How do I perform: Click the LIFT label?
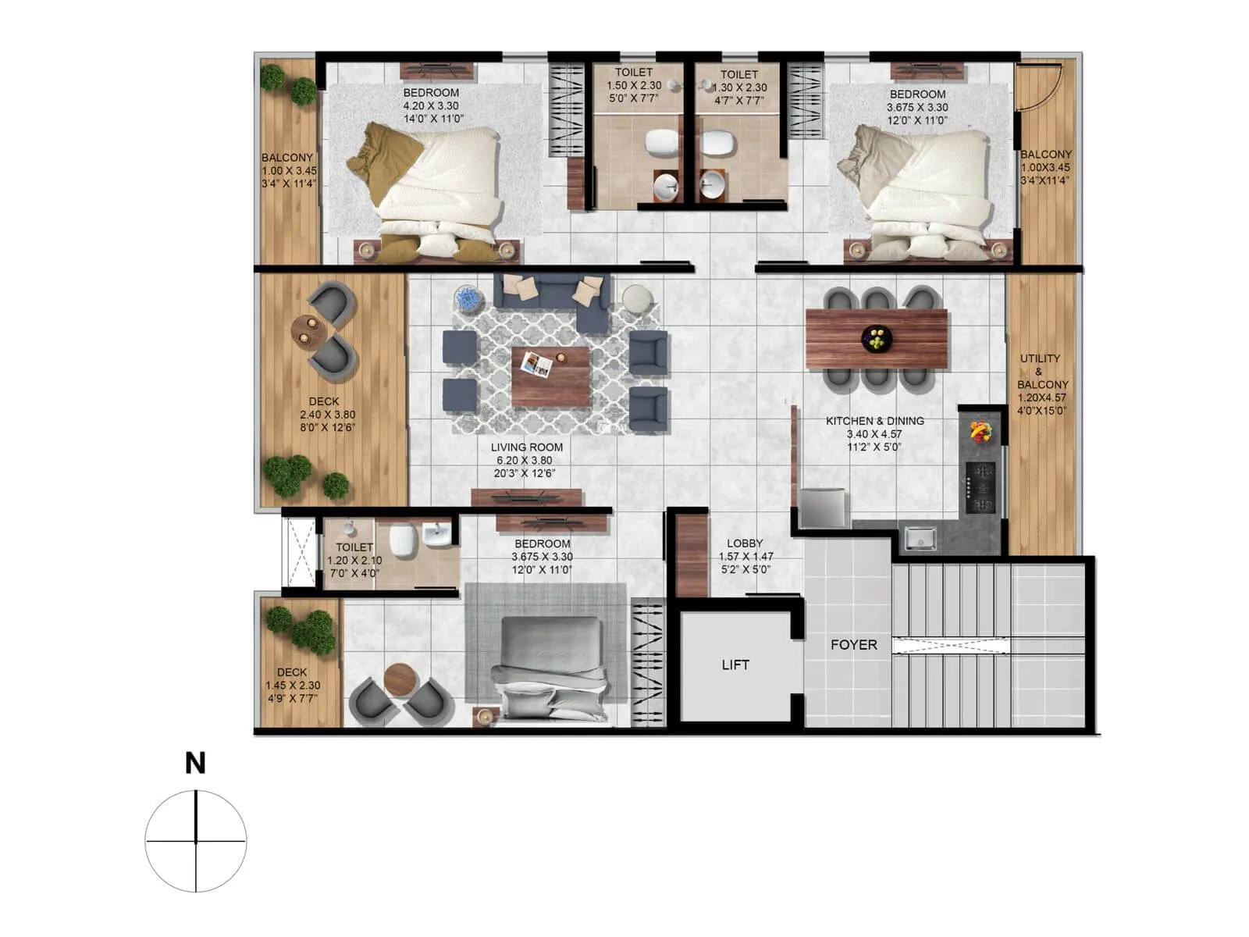[735, 664]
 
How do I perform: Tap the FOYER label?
[853, 645]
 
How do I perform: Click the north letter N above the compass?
[195, 763]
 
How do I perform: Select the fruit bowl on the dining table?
[877, 338]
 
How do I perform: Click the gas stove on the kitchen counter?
[980, 488]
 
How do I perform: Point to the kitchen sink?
[920, 538]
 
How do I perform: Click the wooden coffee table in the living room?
[551, 376]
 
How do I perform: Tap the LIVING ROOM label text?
[526, 447]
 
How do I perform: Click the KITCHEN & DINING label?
[874, 421]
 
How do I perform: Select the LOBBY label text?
[745, 543]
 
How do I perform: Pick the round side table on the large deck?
[309, 331]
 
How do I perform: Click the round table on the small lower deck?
[402, 679]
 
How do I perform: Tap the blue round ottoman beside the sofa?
[469, 299]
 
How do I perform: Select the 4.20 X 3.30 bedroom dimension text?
[431, 106]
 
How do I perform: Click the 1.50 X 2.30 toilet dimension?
[634, 86]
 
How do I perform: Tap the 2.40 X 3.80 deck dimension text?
[324, 415]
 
